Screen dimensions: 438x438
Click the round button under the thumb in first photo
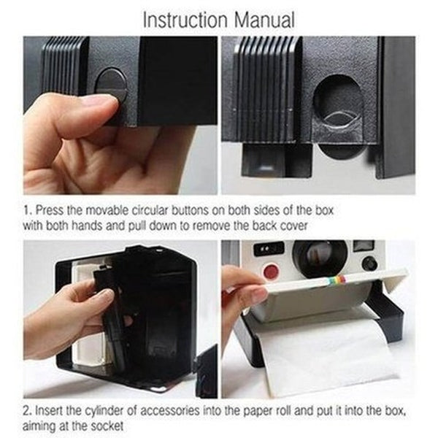point(112,84)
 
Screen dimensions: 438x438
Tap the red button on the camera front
point(271,272)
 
